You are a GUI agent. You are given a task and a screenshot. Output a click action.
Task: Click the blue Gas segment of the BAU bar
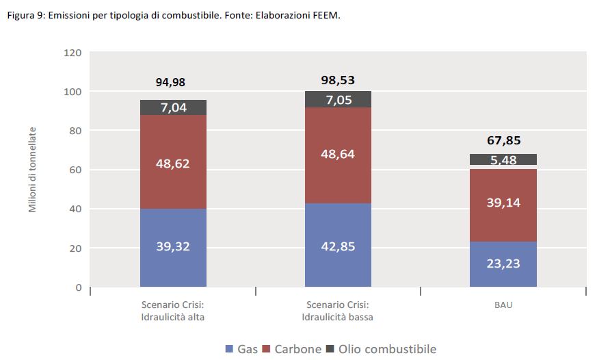(503, 264)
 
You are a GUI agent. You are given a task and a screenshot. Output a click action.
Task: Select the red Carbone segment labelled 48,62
(173, 162)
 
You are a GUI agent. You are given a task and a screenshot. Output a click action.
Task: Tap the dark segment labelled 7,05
(338, 100)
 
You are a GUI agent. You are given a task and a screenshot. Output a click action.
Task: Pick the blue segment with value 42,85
(338, 246)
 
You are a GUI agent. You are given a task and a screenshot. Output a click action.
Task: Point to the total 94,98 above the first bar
(170, 83)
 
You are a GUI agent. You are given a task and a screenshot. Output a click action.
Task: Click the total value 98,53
(338, 80)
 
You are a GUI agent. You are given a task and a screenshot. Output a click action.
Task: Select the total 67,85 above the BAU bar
(504, 141)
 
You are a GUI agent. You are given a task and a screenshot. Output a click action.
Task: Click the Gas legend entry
(241, 349)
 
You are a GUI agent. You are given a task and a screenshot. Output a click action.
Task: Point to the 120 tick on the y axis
(72, 53)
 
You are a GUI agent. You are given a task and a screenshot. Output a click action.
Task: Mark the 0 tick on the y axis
(78, 287)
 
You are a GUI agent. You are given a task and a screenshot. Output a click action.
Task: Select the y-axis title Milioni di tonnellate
(32, 169)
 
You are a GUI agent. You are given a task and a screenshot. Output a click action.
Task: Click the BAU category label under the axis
(503, 305)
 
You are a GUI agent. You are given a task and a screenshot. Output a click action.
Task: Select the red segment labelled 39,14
(503, 203)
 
